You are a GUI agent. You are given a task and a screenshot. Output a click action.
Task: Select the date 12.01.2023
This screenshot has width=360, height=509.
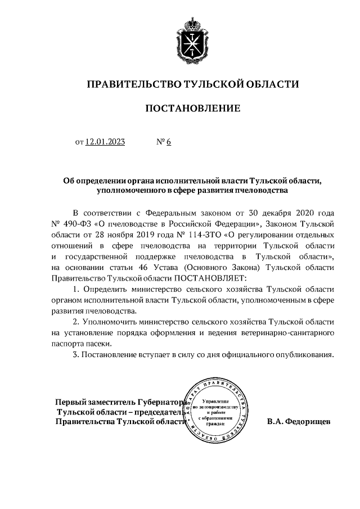pyautogui.click(x=105, y=142)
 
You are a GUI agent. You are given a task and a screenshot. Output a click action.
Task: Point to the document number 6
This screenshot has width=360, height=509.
pyautogui.click(x=168, y=142)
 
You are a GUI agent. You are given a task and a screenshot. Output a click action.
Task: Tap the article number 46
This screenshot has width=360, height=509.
pyautogui.click(x=152, y=267)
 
